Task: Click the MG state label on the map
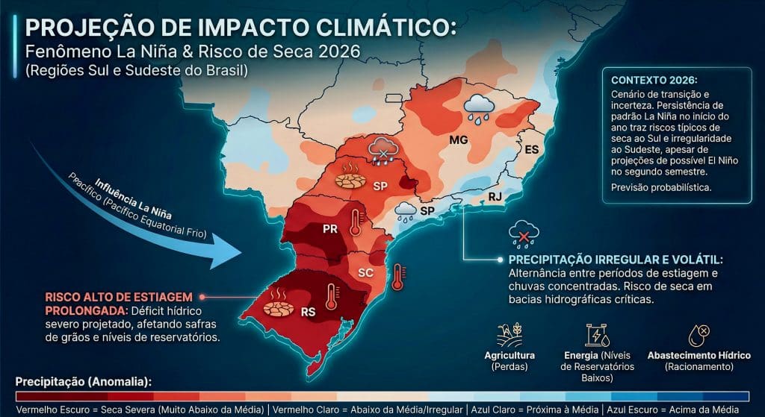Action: point(458,140)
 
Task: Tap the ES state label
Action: point(531,150)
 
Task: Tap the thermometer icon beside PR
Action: point(355,222)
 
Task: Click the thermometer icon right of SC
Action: point(397,276)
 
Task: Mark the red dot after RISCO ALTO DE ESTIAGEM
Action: point(201,296)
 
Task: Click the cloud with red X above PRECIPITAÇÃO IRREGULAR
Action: point(524,234)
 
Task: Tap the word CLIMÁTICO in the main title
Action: point(374,28)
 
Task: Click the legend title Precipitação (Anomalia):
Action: point(83,382)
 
